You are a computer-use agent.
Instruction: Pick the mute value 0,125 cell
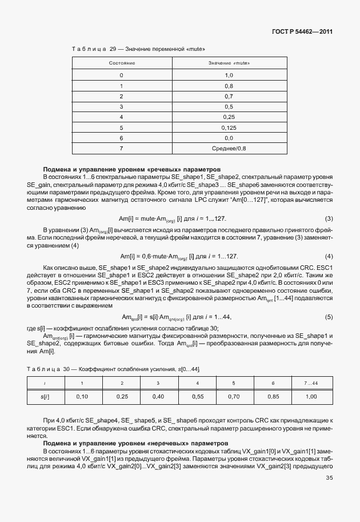click(x=229, y=127)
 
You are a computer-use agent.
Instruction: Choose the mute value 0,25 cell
click(x=229, y=117)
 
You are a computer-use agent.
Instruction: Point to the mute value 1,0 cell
click(x=229, y=75)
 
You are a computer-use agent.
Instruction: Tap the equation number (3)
click(x=329, y=219)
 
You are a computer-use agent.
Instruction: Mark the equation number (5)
click(x=329, y=317)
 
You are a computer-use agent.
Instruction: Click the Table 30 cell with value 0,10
click(x=82, y=396)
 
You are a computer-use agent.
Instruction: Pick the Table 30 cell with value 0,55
click(x=197, y=396)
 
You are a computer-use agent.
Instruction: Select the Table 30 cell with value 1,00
click(x=311, y=396)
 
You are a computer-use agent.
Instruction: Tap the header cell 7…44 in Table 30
click(x=311, y=382)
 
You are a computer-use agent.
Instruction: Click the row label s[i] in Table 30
click(x=45, y=396)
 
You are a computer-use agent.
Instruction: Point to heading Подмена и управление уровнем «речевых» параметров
click(x=132, y=169)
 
